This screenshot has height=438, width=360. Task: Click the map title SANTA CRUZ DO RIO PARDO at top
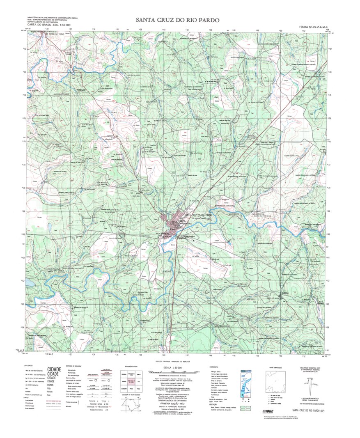(178, 20)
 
